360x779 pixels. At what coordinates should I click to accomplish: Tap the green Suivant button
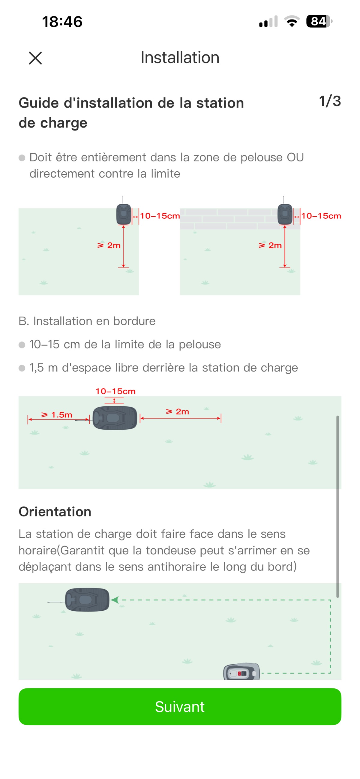180,707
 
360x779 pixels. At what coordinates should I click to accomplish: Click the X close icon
35,58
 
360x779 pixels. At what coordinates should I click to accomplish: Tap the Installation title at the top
180,57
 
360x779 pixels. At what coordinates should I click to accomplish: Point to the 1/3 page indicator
330,101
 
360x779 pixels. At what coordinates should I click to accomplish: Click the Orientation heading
55,512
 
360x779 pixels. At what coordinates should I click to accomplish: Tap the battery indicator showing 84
319,22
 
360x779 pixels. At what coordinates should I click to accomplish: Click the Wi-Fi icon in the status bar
292,22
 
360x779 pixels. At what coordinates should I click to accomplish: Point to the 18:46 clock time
62,22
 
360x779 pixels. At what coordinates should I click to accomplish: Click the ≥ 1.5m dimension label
57,415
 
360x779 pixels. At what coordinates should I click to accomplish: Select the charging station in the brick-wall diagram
285,214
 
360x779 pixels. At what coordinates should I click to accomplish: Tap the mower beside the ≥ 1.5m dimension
115,418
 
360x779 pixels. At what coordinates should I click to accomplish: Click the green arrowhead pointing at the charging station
115,600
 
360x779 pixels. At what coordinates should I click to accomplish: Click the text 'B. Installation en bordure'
87,321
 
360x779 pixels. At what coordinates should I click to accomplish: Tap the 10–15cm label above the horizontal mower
115,391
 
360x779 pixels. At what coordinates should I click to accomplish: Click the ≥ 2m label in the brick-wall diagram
270,245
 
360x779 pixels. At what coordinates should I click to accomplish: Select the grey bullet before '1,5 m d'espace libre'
22,368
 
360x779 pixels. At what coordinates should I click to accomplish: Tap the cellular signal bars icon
268,22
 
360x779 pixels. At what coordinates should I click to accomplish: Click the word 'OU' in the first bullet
295,157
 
